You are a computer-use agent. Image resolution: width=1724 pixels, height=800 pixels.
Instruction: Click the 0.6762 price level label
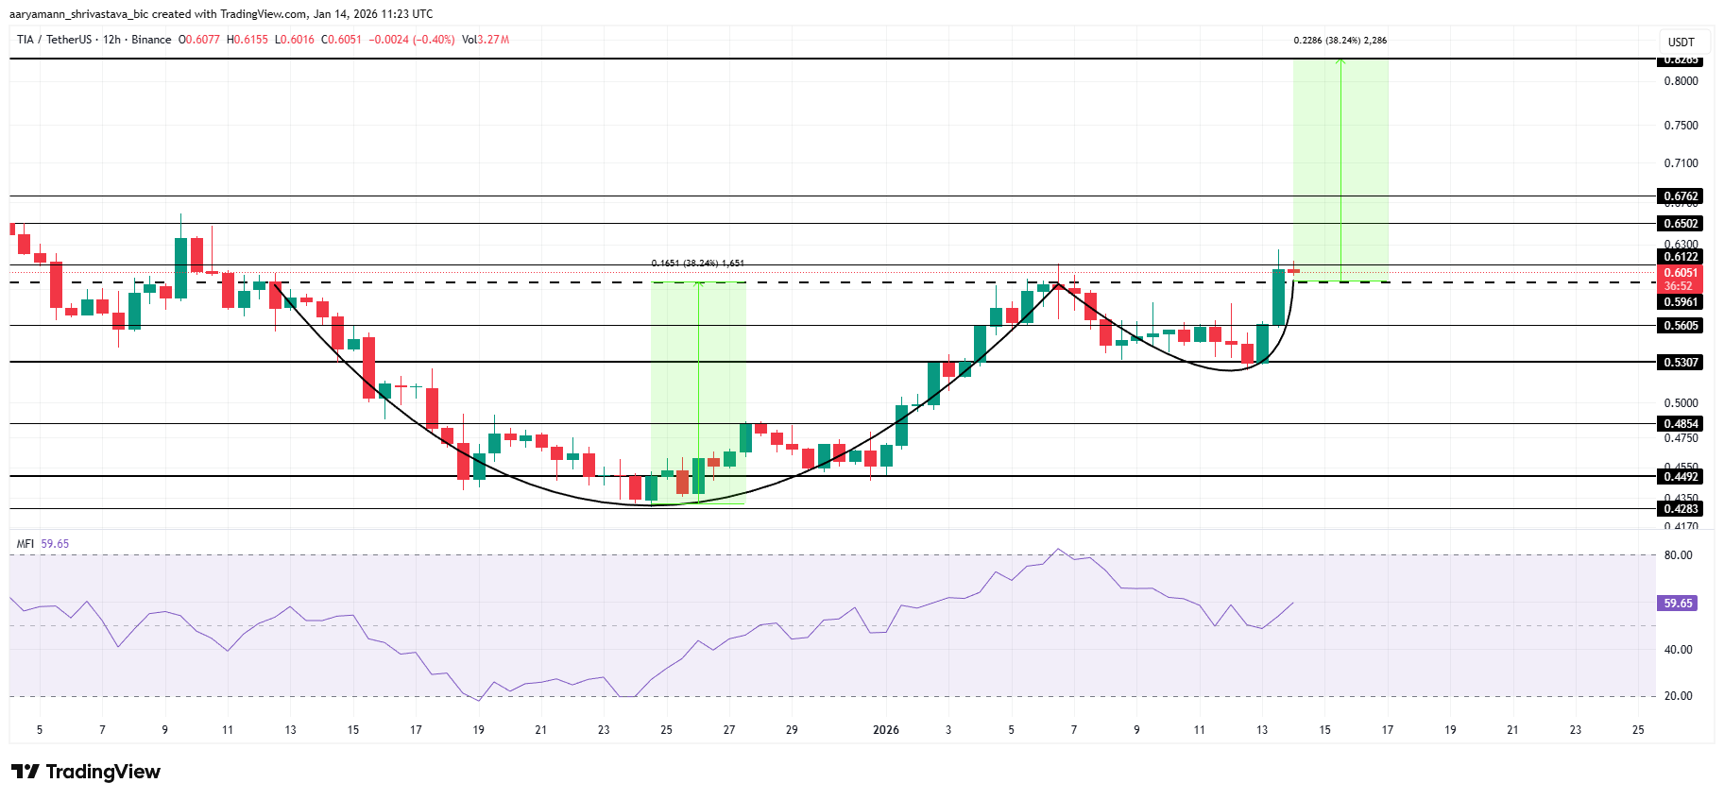pos(1681,196)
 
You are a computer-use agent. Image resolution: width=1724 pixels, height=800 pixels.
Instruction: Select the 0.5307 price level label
pos(1681,362)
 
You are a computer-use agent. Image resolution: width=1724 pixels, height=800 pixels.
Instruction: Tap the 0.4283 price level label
pos(1681,509)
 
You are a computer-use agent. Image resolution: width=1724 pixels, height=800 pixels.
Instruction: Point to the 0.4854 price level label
pos(1681,424)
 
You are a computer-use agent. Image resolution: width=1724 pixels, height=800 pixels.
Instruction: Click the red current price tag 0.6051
pos(1681,273)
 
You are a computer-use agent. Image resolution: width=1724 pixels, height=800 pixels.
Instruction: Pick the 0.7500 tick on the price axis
pos(1681,126)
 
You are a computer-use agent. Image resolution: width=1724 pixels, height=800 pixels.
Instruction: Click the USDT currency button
pos(1681,43)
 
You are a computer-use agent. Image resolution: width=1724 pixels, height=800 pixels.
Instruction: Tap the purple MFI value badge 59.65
pos(1678,603)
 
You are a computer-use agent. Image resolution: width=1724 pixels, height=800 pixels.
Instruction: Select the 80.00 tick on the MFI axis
pos(1678,555)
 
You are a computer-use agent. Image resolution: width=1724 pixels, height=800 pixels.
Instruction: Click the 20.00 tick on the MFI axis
pos(1678,696)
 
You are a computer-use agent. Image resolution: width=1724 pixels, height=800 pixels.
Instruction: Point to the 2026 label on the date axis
pos(886,730)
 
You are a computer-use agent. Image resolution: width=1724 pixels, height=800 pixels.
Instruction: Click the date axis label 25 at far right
pos(1638,730)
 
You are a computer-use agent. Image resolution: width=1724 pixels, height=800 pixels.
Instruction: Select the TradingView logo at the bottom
pos(86,772)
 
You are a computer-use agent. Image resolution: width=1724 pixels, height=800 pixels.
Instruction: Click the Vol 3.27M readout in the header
pos(486,40)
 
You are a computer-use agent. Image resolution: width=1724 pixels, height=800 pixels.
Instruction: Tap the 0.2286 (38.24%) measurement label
pos(1340,41)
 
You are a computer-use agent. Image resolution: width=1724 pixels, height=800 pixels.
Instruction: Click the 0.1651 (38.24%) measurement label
pos(697,264)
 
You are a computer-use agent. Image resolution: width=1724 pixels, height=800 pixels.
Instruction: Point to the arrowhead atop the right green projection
pos(1340,61)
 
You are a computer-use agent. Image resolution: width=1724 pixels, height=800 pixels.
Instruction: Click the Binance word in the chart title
pos(151,40)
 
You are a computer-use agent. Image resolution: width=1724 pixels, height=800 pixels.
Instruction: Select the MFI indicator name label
pos(26,544)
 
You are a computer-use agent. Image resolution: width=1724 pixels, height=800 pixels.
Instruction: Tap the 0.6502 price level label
pos(1681,224)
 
